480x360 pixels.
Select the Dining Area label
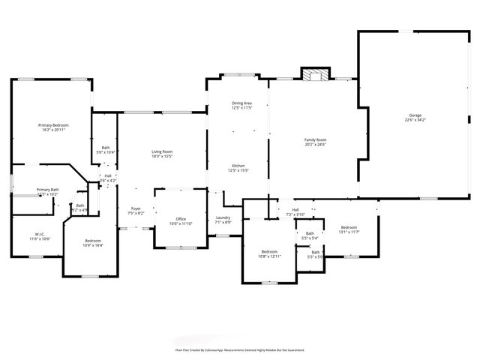[x=241, y=103]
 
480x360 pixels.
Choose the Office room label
[x=181, y=219]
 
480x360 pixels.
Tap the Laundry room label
[x=223, y=217]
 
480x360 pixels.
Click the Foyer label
[x=136, y=208]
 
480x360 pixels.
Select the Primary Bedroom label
[x=53, y=124]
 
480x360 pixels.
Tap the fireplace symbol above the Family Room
[x=315, y=73]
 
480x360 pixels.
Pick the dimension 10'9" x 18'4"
[x=93, y=245]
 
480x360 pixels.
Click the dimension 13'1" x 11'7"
[x=349, y=232]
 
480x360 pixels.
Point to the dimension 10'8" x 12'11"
[x=270, y=256]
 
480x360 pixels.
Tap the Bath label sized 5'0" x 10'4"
[x=106, y=152]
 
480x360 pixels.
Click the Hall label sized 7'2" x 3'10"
[x=295, y=214]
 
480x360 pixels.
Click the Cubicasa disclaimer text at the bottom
[x=239, y=349]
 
